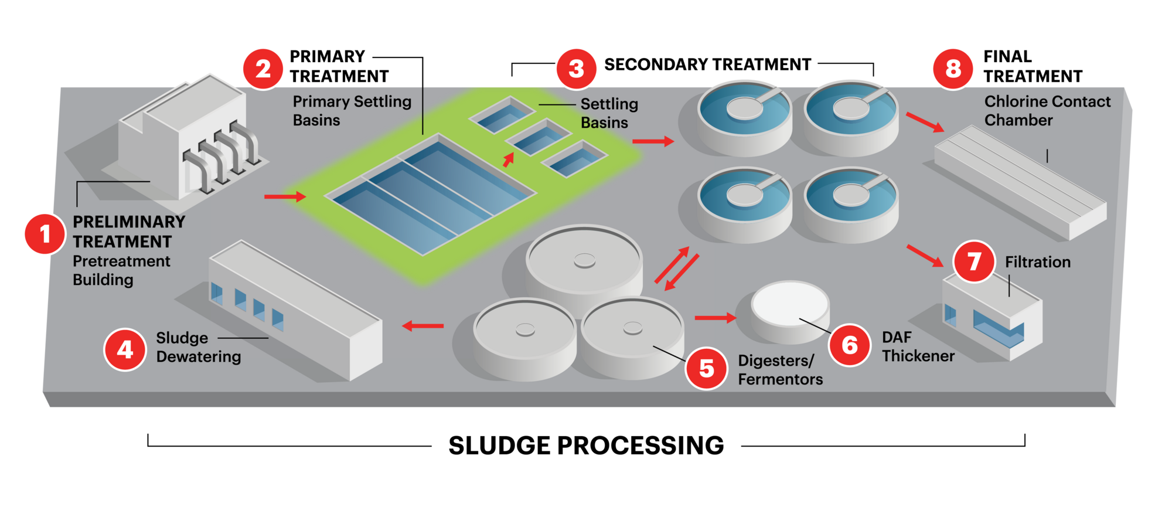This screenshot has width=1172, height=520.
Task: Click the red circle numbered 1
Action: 45,234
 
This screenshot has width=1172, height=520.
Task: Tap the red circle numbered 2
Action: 263,69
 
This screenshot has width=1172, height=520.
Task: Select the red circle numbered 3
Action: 576,69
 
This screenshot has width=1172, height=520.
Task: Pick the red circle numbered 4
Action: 125,349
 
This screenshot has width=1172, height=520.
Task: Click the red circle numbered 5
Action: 707,368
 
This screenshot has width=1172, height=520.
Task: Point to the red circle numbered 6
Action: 849,345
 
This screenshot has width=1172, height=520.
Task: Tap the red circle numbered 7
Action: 974,261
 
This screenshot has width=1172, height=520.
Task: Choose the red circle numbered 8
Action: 953,69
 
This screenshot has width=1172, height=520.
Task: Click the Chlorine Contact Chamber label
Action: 1047,111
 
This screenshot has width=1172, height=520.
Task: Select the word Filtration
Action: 1037,262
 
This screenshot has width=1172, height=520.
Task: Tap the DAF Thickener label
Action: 917,346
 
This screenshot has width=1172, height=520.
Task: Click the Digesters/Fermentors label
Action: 779,370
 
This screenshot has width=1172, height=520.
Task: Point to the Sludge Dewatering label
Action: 198,347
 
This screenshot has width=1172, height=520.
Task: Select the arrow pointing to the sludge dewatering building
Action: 423,325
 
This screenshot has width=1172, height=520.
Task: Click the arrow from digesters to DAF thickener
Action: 715,318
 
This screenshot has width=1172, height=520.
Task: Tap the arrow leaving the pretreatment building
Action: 285,196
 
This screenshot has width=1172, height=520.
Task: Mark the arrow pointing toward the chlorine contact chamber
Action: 925,122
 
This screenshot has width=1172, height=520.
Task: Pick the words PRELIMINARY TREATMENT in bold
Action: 128,232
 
